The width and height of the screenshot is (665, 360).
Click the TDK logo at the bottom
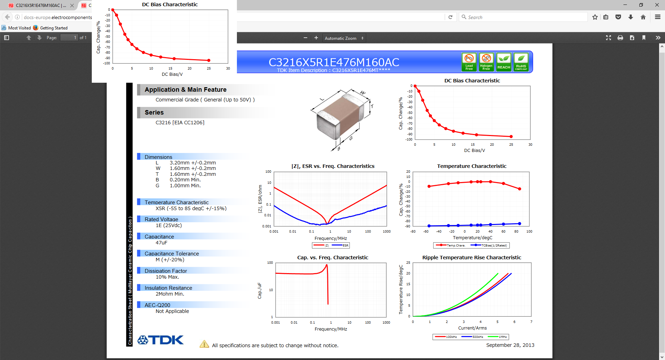click(160, 340)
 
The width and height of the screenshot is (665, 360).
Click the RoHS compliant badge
click(521, 62)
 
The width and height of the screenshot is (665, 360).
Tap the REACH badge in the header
click(504, 62)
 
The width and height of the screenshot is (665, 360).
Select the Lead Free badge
click(469, 62)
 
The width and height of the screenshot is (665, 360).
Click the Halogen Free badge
click(486, 62)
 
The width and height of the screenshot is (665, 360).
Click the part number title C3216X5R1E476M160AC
click(334, 62)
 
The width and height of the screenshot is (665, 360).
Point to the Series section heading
click(154, 112)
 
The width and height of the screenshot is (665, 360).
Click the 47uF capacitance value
click(161, 243)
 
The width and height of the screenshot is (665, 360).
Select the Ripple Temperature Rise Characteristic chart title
click(471, 258)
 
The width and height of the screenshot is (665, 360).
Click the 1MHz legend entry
click(498, 337)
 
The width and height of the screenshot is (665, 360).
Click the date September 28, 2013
click(510, 345)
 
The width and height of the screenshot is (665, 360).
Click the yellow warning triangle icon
click(204, 344)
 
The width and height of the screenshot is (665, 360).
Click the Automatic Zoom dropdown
click(344, 38)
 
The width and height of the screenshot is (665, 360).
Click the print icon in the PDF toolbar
click(620, 38)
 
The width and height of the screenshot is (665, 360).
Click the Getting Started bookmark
click(53, 28)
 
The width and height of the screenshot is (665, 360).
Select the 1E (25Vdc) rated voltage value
click(169, 225)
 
